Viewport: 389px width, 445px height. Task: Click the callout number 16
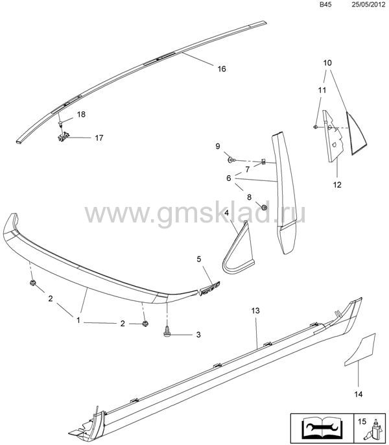[222, 69]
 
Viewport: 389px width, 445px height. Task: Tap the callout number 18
[81, 114]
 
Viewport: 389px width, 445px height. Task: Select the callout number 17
[99, 138]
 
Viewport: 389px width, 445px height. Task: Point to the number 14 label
[359, 394]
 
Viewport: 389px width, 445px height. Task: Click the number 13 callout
[255, 311]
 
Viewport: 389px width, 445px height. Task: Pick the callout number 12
[337, 185]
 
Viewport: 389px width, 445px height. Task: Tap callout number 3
[198, 335]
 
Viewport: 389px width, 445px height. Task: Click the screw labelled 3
[167, 331]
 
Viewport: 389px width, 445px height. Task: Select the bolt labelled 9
[231, 160]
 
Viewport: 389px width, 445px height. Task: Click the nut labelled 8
[264, 207]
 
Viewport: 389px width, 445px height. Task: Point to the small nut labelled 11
[315, 126]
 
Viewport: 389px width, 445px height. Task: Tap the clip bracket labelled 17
[63, 137]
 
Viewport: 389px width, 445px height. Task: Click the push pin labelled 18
[61, 123]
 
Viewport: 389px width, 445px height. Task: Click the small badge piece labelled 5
[209, 289]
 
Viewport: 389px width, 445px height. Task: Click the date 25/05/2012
[368, 5]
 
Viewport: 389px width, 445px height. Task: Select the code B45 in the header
[325, 5]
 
